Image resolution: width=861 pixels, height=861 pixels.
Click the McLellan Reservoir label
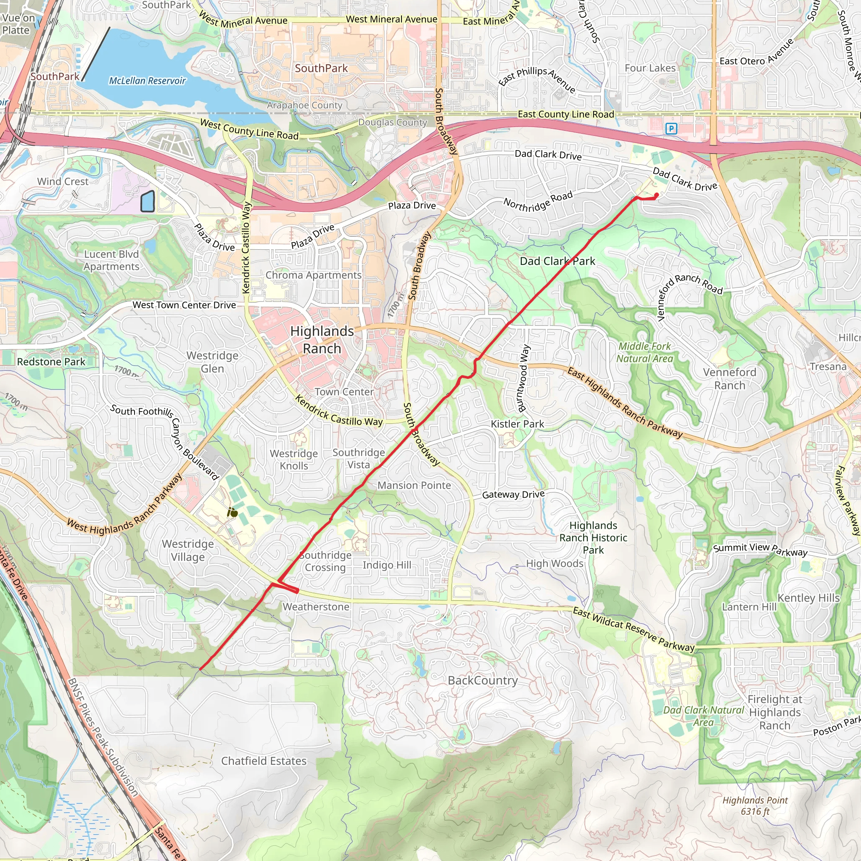coord(147,81)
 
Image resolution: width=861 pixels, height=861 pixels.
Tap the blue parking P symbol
coord(671,129)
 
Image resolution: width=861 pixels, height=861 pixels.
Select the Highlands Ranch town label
coord(322,340)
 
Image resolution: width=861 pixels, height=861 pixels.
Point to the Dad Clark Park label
coord(557,261)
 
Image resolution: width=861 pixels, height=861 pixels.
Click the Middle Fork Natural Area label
coord(644,352)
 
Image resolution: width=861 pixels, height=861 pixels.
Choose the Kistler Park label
coord(517,424)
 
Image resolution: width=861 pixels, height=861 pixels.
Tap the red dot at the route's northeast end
coord(656,195)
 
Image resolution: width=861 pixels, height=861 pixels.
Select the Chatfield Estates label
coord(264,761)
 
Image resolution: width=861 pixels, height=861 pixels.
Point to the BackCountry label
coord(483,680)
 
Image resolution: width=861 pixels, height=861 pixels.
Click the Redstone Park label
coord(51,362)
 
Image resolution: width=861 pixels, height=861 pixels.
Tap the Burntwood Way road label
coord(523,378)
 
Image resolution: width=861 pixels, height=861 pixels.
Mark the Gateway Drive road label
coord(513,494)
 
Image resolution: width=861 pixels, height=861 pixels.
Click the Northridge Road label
coord(538,201)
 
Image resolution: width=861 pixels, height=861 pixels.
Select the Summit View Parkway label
coord(760,549)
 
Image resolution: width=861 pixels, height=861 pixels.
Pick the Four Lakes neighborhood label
coord(650,68)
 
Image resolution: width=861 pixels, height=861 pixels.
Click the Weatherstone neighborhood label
coord(316,607)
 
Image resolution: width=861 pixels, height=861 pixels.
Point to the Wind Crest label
coord(63,181)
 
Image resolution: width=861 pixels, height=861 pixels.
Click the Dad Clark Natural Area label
coord(703,716)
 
